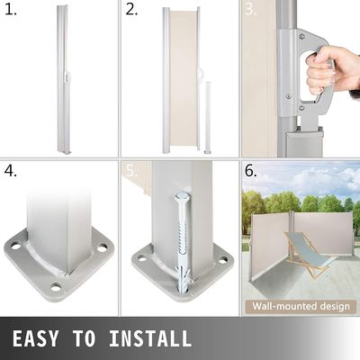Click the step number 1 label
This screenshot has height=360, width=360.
pyautogui.click(x=11, y=10)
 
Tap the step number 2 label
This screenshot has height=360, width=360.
pyautogui.click(x=131, y=10)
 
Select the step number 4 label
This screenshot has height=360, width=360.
pyautogui.click(x=11, y=171)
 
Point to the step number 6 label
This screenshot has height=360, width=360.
pyautogui.click(x=251, y=171)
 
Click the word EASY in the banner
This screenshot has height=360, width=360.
pyautogui.click(x=35, y=338)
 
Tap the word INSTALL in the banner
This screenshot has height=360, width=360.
pyautogui.click(x=150, y=338)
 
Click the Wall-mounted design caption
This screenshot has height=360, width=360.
pyautogui.click(x=301, y=306)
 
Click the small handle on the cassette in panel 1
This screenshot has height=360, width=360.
pyautogui.click(x=68, y=76)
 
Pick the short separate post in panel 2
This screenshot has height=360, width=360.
pyautogui.click(x=207, y=117)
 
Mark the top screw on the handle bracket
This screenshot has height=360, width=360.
pyautogui.click(x=301, y=37)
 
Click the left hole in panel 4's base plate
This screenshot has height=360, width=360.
pyautogui.click(x=15, y=247)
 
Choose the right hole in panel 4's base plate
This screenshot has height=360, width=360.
pyautogui.click(x=103, y=248)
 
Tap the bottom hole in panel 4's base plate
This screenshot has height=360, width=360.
pyautogui.click(x=56, y=288)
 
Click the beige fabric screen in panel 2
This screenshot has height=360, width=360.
pyautogui.click(x=184, y=78)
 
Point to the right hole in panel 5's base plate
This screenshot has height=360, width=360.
pyautogui.click(x=223, y=260)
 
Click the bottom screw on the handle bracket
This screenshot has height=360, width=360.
pyautogui.click(x=302, y=107)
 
